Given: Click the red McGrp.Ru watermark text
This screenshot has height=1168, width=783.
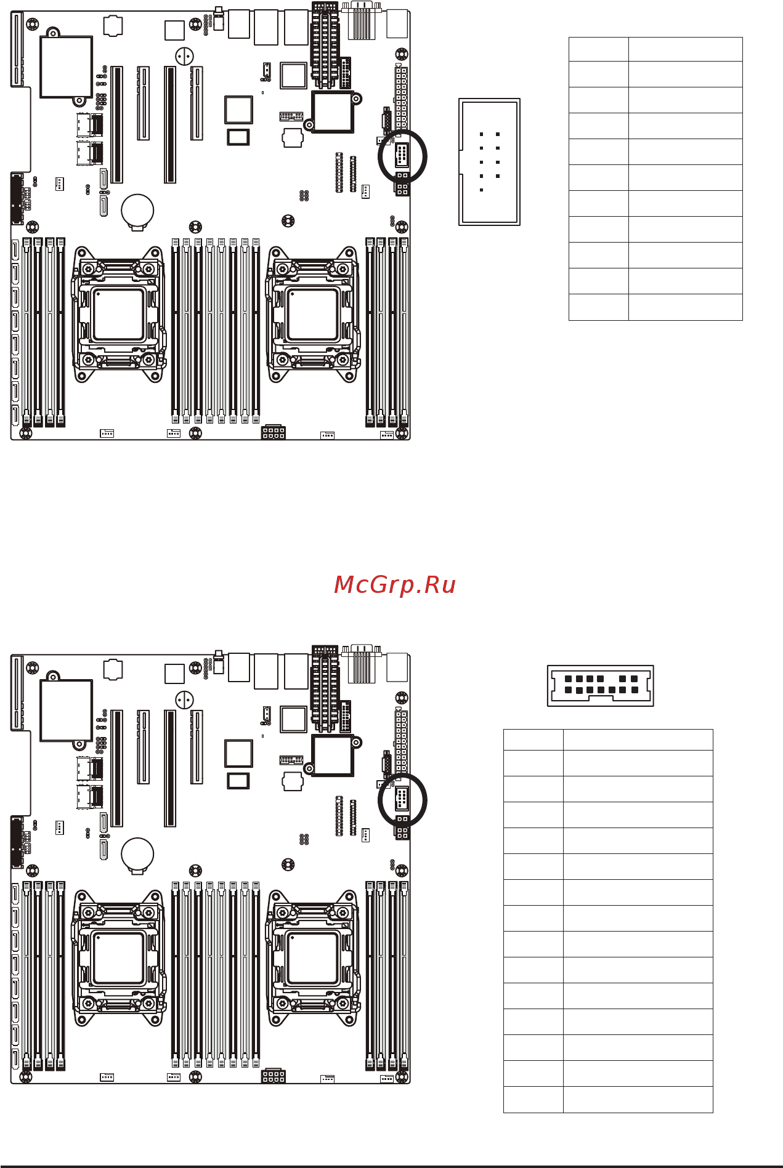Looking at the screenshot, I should click(394, 585).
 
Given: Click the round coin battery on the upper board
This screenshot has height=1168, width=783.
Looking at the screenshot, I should click(137, 210).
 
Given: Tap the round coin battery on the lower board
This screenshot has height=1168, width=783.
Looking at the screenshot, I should click(137, 853).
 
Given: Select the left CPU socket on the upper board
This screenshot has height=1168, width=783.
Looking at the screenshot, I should click(118, 314).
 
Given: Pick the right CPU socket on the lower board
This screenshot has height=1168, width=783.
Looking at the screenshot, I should click(313, 958).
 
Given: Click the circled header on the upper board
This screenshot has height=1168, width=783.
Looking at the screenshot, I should click(402, 155).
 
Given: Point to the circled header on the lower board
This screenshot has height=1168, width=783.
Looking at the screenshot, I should click(402, 799).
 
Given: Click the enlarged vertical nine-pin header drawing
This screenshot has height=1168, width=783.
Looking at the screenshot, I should click(489, 162).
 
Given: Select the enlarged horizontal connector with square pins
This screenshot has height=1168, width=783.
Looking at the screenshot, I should click(600, 685).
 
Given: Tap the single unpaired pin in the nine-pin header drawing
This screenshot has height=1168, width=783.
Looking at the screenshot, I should click(481, 190).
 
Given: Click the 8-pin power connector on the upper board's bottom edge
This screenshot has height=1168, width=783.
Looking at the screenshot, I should click(273, 432).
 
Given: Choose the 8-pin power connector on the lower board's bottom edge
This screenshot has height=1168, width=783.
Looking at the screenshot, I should click(273, 1076).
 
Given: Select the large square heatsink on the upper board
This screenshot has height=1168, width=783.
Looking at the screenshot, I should click(66, 66).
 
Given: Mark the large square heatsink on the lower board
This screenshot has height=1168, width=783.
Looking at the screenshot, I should click(66, 710).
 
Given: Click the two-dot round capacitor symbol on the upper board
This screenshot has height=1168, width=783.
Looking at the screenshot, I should click(184, 57).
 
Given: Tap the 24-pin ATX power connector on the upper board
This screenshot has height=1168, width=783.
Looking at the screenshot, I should click(401, 99).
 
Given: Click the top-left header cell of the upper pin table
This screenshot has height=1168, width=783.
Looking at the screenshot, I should click(598, 49).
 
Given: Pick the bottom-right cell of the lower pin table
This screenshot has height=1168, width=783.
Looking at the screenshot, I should click(638, 1099).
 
